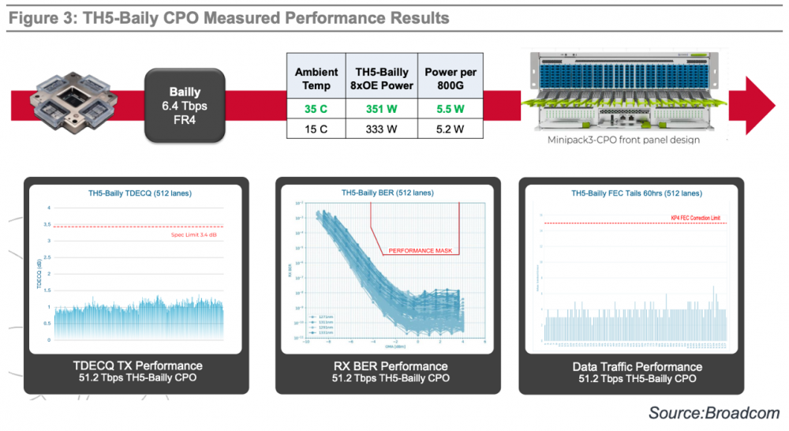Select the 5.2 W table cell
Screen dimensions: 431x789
point(451,129)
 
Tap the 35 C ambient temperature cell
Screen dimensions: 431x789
point(316,108)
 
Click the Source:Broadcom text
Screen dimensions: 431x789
point(713,413)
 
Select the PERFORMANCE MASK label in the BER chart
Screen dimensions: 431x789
point(422,251)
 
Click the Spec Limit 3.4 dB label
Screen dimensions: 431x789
point(196,234)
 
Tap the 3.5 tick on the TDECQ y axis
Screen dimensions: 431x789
point(49,225)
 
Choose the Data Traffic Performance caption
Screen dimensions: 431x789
point(637,366)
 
